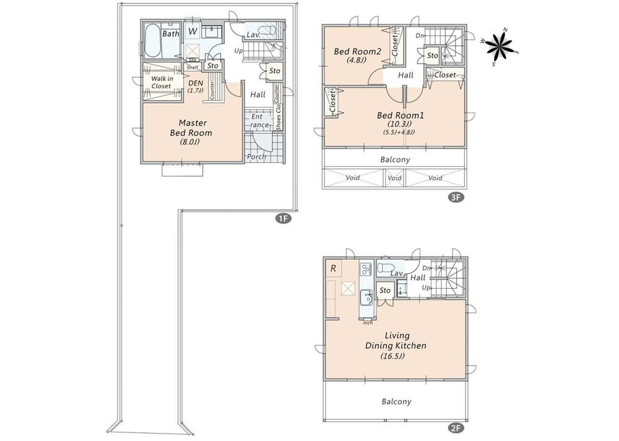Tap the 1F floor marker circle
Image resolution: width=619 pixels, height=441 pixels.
pos(284,218)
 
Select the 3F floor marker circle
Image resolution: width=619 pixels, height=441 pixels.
pos(456,198)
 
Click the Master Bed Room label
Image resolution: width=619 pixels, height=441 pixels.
pos(191,127)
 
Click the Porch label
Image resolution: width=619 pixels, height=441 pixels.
pos(256,156)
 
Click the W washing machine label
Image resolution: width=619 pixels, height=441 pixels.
pos(193,31)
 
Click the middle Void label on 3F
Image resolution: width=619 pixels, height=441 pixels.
pos(394,178)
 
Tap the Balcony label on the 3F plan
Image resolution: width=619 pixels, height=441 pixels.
pos(395,160)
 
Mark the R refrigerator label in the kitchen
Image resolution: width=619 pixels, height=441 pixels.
pos(333,268)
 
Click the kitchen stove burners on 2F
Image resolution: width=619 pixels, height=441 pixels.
pos(365,269)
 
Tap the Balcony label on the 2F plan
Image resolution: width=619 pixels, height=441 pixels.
pos(396,401)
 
